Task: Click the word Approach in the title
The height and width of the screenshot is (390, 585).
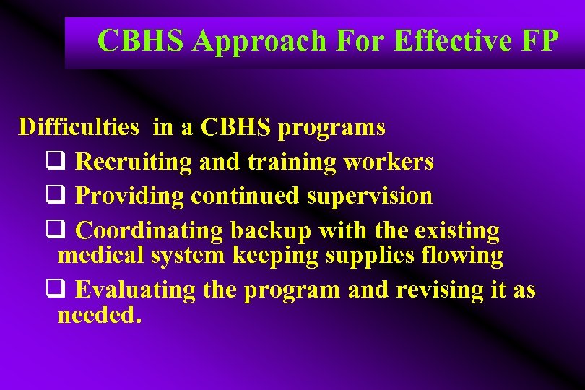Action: pos(260,41)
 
